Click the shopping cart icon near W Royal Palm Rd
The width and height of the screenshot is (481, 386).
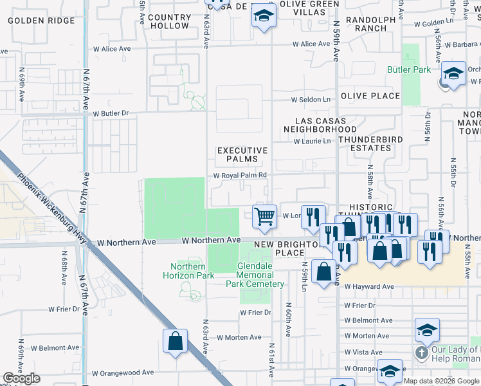264,217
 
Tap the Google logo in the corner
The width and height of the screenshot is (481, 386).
21,378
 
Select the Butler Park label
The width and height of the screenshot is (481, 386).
408,69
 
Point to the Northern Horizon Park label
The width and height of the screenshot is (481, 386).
192,271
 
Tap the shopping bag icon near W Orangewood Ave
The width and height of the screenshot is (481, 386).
175,341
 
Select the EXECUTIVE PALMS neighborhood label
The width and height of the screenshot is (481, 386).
242,154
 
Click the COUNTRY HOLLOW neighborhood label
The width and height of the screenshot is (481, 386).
170,21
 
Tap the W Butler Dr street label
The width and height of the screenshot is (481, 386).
111,113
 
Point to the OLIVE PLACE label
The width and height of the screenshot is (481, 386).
370,96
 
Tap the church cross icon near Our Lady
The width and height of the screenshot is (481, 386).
421,353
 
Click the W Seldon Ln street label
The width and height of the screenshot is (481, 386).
311,100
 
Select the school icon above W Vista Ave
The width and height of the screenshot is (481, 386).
427,330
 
